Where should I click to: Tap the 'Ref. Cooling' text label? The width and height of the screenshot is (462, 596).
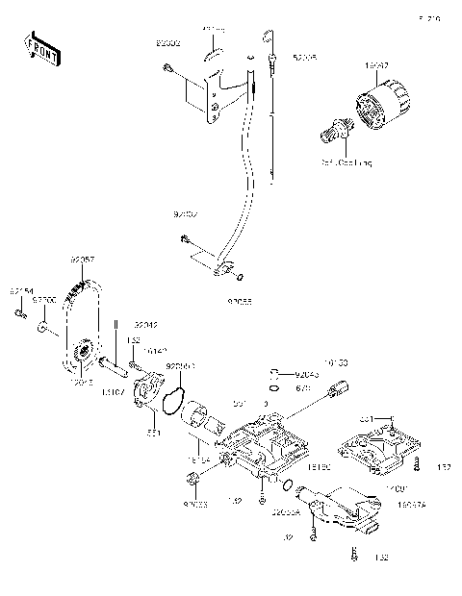click(346, 163)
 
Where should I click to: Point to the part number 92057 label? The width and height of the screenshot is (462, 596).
click(82, 260)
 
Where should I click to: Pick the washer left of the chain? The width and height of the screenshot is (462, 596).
click(42, 329)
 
